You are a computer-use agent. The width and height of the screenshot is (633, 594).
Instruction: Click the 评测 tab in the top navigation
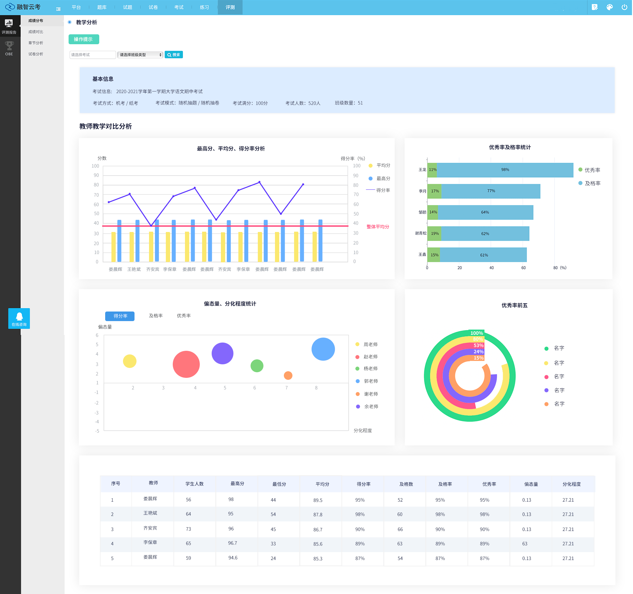230,7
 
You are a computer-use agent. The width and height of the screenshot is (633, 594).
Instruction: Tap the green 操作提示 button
84,39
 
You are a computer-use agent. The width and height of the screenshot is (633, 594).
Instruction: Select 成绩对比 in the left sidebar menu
36,32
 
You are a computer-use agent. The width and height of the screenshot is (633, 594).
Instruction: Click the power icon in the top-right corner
624,7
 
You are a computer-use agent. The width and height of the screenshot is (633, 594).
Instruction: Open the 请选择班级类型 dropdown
140,55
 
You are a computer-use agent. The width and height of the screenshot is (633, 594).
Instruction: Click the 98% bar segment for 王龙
505,170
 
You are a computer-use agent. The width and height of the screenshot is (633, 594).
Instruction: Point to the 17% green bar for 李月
435,191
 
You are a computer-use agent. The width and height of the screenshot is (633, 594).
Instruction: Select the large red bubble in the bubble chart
186,364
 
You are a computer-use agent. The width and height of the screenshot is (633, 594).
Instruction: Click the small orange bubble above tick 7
288,375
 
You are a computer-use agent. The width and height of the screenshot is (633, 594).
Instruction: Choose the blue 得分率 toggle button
120,316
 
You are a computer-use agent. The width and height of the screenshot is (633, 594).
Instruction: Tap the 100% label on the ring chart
476,333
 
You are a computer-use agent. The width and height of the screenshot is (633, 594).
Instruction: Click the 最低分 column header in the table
279,484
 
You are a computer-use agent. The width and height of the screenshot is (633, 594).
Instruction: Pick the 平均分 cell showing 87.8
318,514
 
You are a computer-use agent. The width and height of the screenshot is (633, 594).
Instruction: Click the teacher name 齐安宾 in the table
150,528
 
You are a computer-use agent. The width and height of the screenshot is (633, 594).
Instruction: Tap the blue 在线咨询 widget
19,318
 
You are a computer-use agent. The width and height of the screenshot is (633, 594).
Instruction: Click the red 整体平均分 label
378,227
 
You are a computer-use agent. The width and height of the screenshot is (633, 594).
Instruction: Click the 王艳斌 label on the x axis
134,269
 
